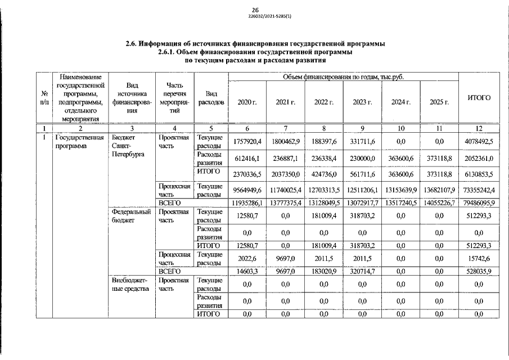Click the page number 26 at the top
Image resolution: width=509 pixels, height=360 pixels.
(254, 10)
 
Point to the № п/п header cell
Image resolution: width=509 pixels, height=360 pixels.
(44, 98)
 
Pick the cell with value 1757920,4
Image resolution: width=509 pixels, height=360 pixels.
(247, 141)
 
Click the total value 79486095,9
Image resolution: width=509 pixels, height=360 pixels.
(476, 202)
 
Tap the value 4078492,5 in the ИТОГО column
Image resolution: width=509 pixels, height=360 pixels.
(476, 141)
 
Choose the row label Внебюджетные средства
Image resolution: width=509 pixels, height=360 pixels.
(129, 284)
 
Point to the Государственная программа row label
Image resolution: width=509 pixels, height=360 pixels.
(79, 141)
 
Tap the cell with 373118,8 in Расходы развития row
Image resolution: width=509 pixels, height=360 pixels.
(439, 159)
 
